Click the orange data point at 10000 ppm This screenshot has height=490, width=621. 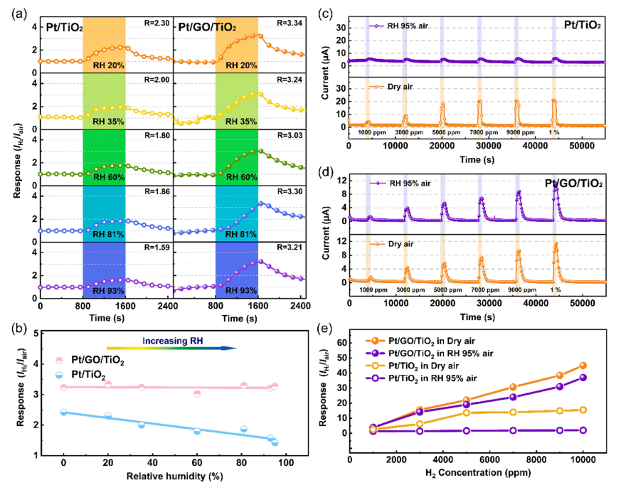point(583,366)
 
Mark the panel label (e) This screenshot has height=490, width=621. point(329,330)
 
